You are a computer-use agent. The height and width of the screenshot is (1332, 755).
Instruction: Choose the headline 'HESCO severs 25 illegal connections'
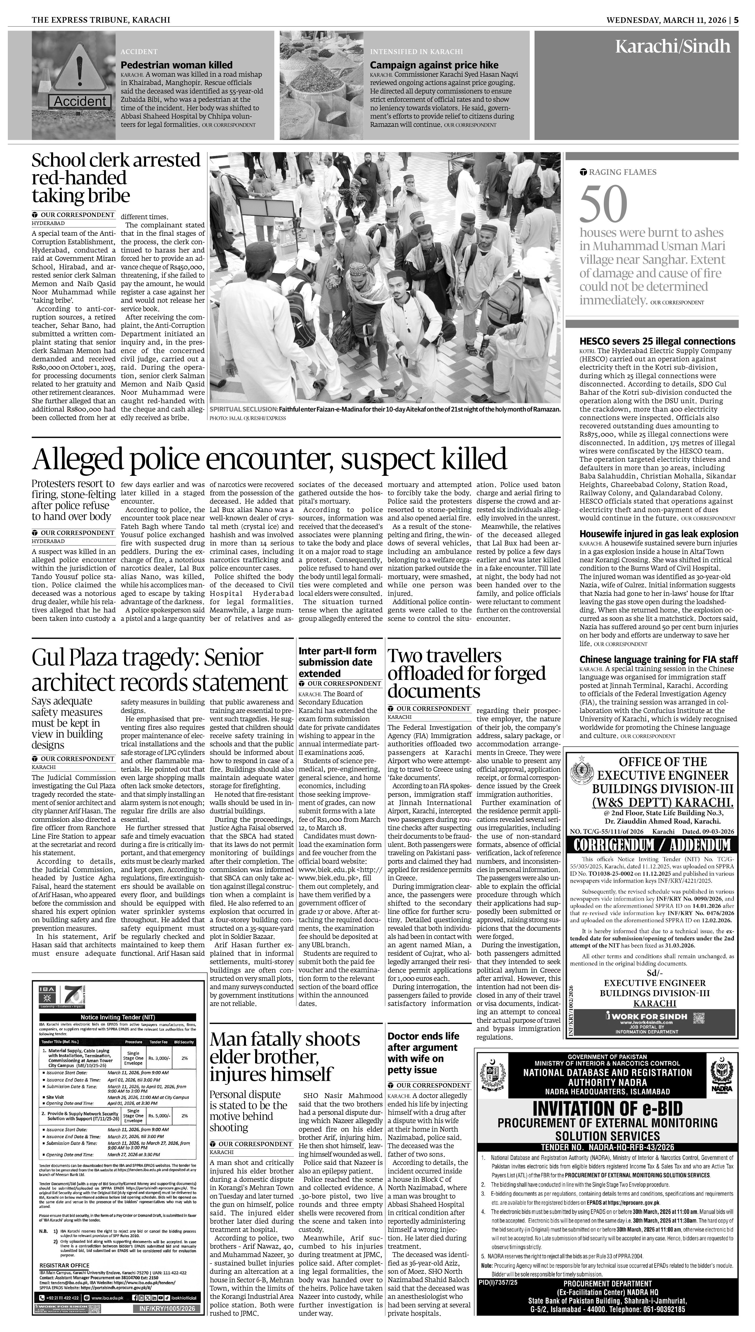(657, 341)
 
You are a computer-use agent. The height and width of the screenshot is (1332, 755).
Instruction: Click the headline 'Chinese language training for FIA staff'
(658, 659)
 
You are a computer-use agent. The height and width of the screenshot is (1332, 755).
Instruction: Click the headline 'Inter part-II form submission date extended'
(338, 662)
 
